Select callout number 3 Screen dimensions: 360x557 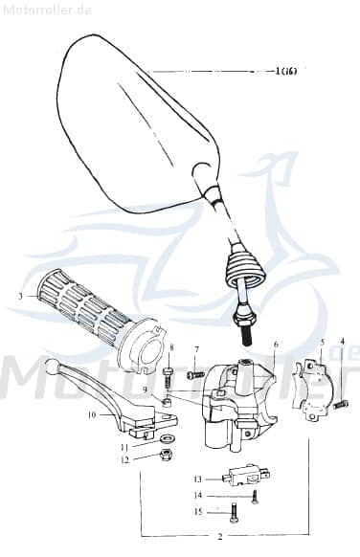(19, 297)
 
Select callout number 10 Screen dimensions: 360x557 (92, 414)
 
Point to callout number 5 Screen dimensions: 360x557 (323, 342)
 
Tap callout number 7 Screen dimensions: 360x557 (196, 349)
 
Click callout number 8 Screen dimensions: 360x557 (171, 347)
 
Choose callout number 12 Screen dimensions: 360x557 (124, 459)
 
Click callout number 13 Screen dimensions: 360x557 (197, 478)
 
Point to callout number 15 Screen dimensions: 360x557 (197, 512)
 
